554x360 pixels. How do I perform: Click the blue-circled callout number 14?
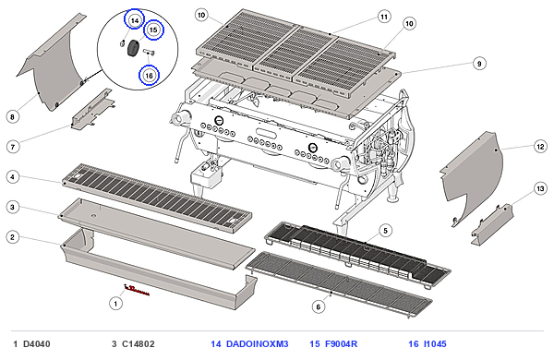(135, 20)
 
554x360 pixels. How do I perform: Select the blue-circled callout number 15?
(153, 30)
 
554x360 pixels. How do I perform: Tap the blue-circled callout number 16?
(149, 76)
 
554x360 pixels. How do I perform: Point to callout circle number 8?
(13, 117)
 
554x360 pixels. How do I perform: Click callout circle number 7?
(13, 147)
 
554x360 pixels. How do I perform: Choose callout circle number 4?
(13, 176)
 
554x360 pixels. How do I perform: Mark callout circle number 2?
(13, 236)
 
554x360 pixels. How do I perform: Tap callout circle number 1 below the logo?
(115, 303)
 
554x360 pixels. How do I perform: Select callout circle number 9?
(479, 64)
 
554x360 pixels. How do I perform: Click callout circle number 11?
(384, 17)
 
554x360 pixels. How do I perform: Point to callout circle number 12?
(540, 146)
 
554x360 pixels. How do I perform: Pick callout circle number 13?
(540, 189)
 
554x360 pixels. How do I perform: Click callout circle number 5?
(385, 231)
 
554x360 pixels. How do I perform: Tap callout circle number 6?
(319, 306)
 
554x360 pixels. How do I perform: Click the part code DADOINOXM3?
(258, 343)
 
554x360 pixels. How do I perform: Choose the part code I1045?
(435, 343)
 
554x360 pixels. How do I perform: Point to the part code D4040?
(37, 343)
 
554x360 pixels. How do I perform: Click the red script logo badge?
(137, 290)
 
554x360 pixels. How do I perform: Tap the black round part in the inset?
(133, 48)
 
